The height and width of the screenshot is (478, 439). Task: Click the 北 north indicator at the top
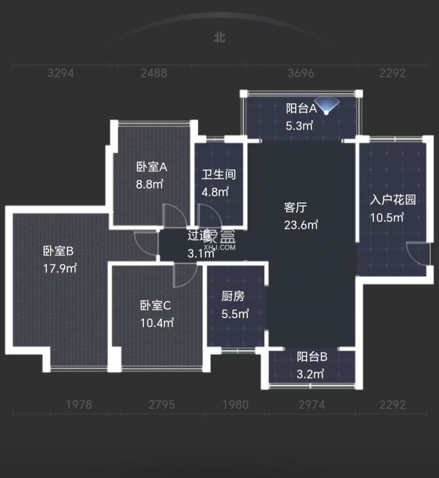pyautogui.click(x=219, y=38)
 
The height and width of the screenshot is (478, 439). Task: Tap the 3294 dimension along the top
pyautogui.click(x=60, y=73)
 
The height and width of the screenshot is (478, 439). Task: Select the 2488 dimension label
pyautogui.click(x=154, y=73)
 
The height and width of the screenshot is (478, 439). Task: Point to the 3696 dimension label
pyautogui.click(x=301, y=73)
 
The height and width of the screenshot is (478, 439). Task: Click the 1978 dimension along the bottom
pyautogui.click(x=79, y=404)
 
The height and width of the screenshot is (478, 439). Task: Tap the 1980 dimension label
pyautogui.click(x=235, y=404)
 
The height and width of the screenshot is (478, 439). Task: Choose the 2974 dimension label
pyautogui.click(x=312, y=404)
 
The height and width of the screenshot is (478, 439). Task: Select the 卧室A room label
pyautogui.click(x=152, y=167)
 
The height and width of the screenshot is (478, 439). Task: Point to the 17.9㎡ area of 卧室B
pyautogui.click(x=60, y=268)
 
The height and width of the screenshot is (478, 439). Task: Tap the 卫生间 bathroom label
pyautogui.click(x=219, y=175)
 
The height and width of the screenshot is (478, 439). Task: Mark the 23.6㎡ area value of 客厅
pyautogui.click(x=301, y=225)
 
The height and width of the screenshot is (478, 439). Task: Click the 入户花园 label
pyautogui.click(x=392, y=200)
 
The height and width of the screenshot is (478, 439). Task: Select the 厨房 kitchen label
pyautogui.click(x=233, y=297)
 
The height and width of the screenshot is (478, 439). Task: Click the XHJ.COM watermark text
pyautogui.click(x=223, y=248)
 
